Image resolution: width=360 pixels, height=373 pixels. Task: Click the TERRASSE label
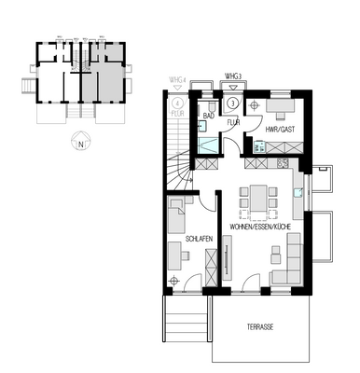(260, 327)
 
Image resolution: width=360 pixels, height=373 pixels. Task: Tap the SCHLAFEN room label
(200, 240)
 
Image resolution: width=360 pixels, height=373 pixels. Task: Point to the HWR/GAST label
(280, 128)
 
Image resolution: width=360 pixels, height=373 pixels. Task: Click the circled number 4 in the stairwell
(177, 104)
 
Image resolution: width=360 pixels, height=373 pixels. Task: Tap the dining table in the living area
(256, 198)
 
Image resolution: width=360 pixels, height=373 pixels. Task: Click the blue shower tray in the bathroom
(211, 144)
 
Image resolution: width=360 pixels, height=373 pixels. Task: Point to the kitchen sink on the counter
(297, 193)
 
